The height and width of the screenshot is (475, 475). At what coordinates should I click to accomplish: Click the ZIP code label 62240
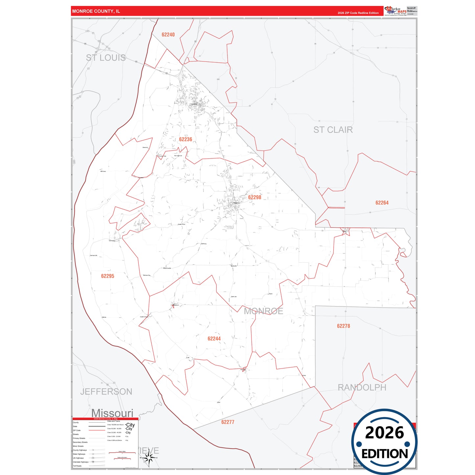point(168,35)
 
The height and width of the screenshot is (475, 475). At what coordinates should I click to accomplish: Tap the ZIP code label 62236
point(185,139)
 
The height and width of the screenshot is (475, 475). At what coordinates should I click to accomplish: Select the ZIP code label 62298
point(255,197)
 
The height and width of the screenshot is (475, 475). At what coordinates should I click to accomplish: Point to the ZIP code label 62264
point(382,203)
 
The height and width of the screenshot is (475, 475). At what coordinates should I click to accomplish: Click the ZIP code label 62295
point(107,276)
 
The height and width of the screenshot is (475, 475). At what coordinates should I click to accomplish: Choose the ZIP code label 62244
point(214,339)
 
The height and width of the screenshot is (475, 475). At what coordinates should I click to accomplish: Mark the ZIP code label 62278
point(344,326)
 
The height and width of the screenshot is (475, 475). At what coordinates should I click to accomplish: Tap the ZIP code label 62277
point(228,422)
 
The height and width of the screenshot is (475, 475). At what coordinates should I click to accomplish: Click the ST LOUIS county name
point(106,58)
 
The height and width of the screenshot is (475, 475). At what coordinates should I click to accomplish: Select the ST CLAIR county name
point(333,130)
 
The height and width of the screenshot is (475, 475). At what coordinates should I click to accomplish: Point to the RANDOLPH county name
point(362,388)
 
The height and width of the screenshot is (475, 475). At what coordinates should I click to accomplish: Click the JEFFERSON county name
point(106,392)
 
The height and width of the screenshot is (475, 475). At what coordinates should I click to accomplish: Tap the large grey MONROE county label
point(263,311)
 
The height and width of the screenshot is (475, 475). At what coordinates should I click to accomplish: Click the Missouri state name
point(112,413)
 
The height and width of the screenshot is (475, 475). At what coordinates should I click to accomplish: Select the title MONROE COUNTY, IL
point(96,11)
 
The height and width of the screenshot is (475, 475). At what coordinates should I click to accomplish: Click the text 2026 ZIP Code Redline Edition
point(358,13)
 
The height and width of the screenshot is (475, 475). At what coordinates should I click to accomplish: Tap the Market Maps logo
point(395,11)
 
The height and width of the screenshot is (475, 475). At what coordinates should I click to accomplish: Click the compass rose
point(149,457)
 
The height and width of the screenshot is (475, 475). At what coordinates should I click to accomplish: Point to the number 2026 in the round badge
point(384,433)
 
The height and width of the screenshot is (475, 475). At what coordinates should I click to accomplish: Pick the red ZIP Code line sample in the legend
point(97,430)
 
